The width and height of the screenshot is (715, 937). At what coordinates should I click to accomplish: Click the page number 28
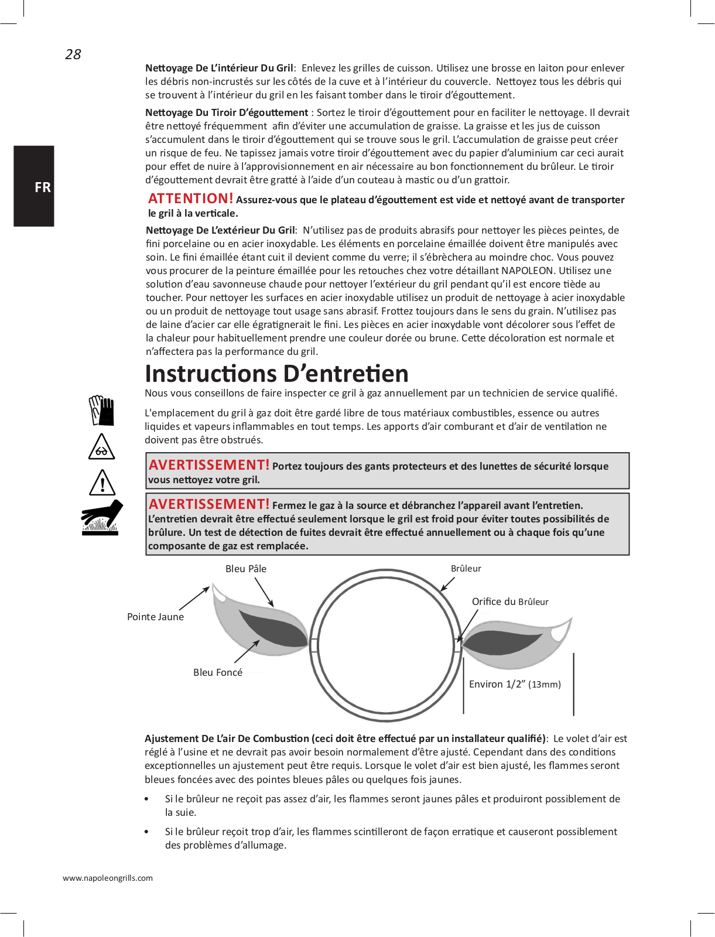click(x=73, y=54)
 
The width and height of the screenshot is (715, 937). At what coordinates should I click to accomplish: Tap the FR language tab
click(x=42, y=187)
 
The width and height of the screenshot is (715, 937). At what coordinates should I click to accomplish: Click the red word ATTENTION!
click(x=190, y=199)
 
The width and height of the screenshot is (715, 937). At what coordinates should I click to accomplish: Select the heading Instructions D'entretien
click(x=276, y=374)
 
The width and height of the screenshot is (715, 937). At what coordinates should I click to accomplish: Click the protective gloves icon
click(x=102, y=411)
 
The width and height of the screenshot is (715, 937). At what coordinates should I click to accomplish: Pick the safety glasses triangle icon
click(x=101, y=447)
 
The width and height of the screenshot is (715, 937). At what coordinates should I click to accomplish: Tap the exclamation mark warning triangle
click(x=102, y=483)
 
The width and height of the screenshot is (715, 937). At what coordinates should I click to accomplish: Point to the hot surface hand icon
click(x=102, y=518)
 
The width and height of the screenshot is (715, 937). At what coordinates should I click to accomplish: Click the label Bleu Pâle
click(x=246, y=569)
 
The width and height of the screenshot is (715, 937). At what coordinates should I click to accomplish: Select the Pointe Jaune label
click(x=155, y=617)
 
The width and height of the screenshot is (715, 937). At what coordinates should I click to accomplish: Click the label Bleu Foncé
click(x=218, y=672)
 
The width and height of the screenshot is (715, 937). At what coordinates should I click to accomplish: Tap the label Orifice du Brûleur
click(x=510, y=601)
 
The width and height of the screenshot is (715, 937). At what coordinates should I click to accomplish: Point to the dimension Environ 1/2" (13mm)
click(x=515, y=684)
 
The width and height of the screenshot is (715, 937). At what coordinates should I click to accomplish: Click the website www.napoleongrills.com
click(x=108, y=878)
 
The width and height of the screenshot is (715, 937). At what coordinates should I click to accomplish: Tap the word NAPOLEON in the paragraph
click(x=527, y=271)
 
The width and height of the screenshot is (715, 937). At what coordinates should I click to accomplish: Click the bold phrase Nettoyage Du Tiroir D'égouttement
click(x=227, y=112)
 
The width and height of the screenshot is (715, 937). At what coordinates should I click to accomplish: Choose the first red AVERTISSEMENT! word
click(x=209, y=465)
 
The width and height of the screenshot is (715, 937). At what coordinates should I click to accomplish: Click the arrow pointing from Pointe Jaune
click(x=194, y=599)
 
